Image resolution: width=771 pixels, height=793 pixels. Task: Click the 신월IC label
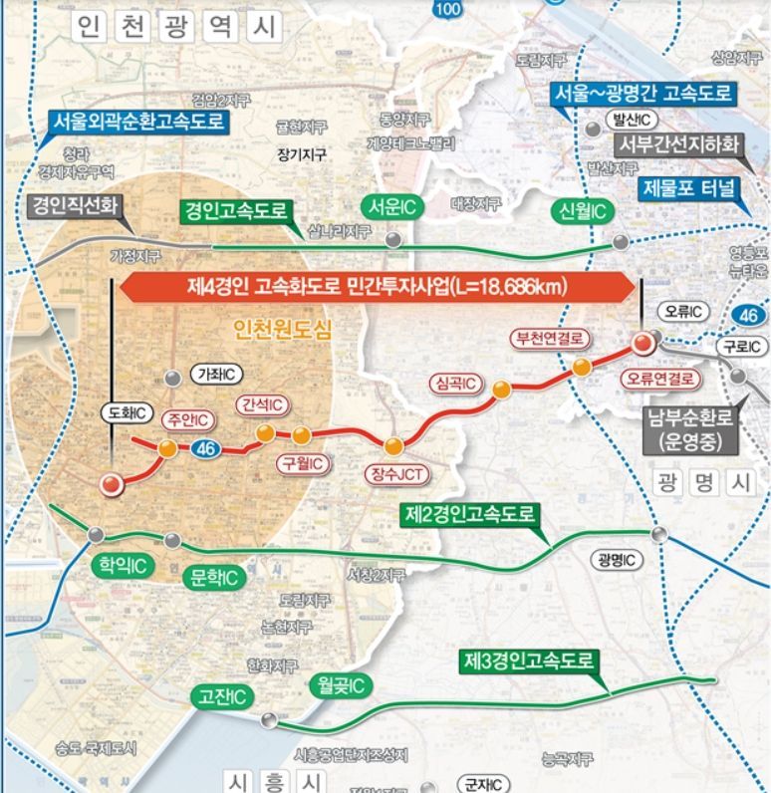[583, 211]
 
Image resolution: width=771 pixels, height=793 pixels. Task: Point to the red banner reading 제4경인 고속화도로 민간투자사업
[378, 287]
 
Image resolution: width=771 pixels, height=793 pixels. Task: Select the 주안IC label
[187, 418]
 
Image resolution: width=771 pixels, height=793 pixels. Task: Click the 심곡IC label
[454, 383]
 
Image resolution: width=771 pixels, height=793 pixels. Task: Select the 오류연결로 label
[658, 379]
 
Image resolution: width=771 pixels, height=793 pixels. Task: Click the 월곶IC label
[340, 684]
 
